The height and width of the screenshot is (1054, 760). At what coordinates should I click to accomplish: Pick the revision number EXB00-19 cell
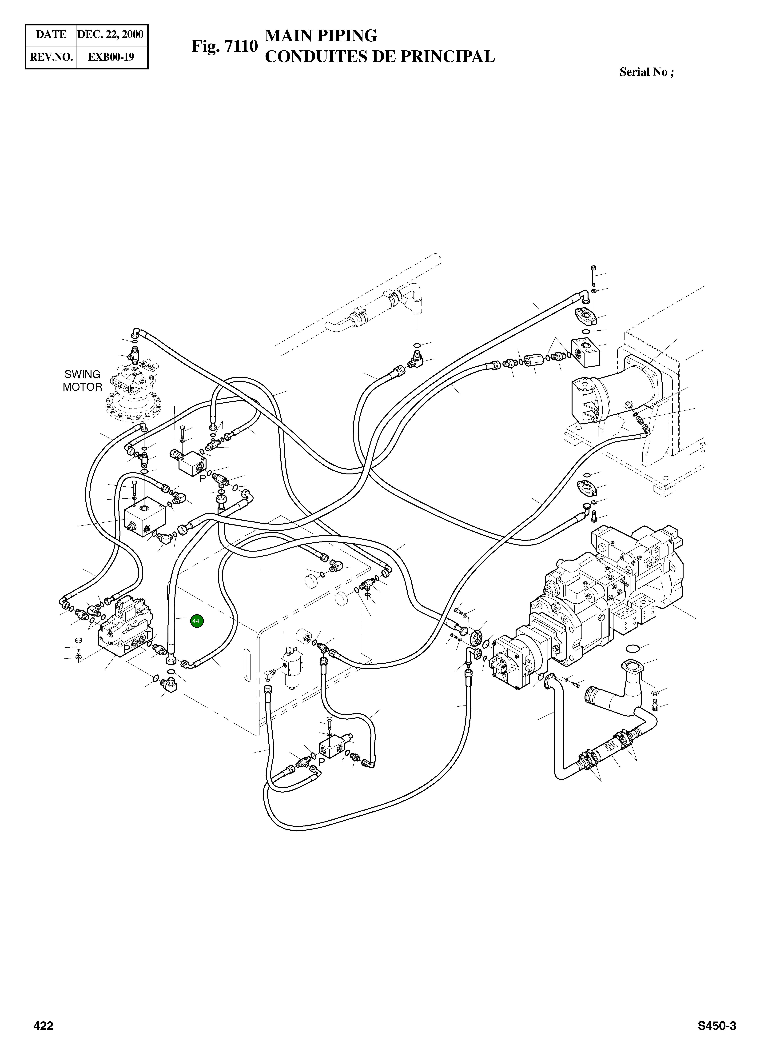click(111, 57)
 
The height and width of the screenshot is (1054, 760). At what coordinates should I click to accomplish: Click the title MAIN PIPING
click(321, 35)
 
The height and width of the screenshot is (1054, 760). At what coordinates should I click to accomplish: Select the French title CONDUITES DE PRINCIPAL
click(379, 57)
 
